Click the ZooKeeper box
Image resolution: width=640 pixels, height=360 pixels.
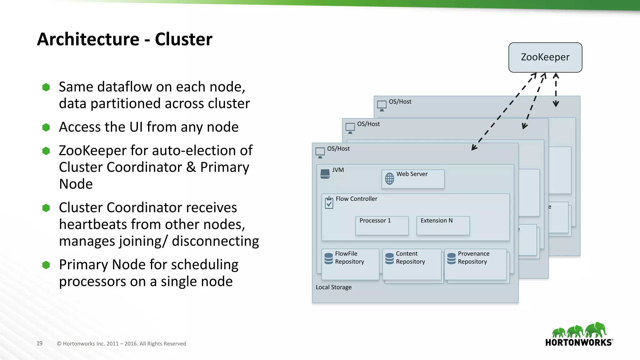[545, 57]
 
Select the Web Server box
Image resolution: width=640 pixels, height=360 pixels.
[413, 179]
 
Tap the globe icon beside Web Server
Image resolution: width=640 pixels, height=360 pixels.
[389, 179]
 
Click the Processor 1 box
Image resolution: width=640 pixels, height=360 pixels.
[382, 225]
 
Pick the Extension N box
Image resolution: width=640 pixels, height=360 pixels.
[443, 225]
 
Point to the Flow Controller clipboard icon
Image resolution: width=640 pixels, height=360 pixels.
[329, 203]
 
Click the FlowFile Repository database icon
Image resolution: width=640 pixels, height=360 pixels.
[328, 258]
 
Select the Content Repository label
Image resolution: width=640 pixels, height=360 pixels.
[410, 257]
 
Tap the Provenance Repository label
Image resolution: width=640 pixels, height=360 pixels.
[473, 257]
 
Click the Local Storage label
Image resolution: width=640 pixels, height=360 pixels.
[333, 287]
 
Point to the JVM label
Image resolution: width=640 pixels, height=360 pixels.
[338, 170]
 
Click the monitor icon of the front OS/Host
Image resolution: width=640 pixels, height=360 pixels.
[320, 152]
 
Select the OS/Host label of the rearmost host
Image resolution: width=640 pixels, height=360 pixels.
[400, 102]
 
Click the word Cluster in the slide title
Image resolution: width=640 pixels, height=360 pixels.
[183, 39]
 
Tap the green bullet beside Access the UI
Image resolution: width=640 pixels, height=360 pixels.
[46, 127]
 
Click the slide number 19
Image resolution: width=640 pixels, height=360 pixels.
[39, 343]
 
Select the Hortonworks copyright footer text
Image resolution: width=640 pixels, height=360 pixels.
[121, 343]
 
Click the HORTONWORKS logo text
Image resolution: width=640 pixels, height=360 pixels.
[578, 342]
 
